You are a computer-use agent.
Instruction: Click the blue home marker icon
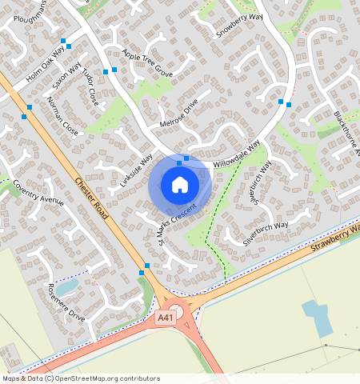click(180, 185)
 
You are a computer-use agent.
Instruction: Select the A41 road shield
click(165, 318)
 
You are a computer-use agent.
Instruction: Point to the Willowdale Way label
click(237, 154)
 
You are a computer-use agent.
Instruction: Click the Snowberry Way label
click(239, 25)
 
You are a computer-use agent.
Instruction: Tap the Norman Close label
click(63, 117)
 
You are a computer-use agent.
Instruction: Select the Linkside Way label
click(136, 170)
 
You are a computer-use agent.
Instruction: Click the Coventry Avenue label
click(38, 193)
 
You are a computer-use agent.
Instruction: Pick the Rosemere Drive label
click(66, 302)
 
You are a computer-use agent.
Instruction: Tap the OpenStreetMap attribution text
click(80, 378)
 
